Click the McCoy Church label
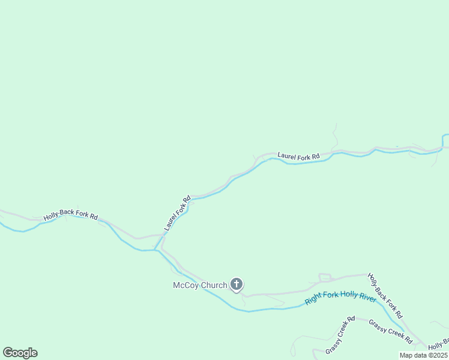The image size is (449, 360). (200, 285)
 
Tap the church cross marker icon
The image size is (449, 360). (237, 284)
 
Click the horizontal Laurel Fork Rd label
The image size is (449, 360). (298, 157)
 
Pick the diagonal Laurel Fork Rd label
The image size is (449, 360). (177, 213)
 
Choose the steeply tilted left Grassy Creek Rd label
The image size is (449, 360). (340, 335)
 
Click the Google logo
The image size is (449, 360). (20, 353)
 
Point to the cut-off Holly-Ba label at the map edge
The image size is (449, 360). (438, 343)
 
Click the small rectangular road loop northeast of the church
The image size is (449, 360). (325, 277)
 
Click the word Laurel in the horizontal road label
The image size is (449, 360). (286, 157)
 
